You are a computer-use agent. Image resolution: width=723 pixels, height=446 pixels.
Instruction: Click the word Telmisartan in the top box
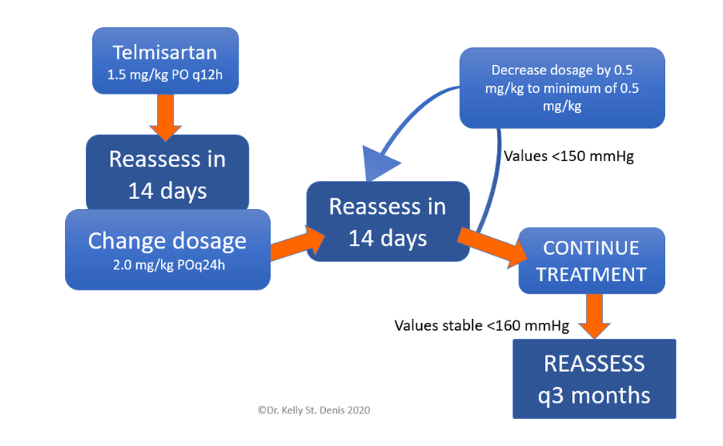coord(165,53)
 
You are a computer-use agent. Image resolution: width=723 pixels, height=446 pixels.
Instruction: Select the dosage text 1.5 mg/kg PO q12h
coord(165,74)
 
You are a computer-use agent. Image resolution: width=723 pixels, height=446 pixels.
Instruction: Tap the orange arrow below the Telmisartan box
coord(166,117)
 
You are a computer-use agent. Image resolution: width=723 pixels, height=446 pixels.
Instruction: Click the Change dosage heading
coord(167,241)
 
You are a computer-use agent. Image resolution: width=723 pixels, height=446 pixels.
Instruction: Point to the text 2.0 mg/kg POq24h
coord(169,266)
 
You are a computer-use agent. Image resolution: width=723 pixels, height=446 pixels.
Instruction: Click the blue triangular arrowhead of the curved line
coord(380,163)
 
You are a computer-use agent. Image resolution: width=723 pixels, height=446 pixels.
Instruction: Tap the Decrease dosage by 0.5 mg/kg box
coord(562,87)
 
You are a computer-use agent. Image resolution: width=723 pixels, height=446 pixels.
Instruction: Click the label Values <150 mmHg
coord(568,156)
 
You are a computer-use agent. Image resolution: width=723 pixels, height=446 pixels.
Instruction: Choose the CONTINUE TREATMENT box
coord(591,261)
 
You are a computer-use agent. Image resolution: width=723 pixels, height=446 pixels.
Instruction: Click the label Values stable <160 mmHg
coord(481,326)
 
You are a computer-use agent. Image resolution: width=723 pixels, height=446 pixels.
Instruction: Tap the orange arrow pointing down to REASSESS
coord(595,317)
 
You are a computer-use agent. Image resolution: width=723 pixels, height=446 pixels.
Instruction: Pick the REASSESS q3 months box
coord(595,379)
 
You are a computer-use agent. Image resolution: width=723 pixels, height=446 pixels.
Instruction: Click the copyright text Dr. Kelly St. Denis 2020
coord(314,410)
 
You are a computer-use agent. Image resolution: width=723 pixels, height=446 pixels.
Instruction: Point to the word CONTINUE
coord(591,248)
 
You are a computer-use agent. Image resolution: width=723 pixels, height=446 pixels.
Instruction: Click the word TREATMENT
coord(591,275)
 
